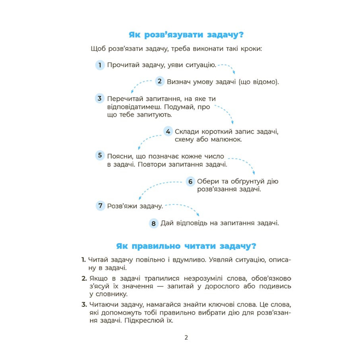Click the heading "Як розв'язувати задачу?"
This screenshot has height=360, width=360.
pyautogui.click(x=186, y=35)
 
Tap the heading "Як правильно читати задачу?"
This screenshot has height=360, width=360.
pyautogui.click(x=186, y=246)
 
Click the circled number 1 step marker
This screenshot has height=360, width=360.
pyautogui.click(x=100, y=65)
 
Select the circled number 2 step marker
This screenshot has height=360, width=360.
pyautogui.click(x=160, y=81)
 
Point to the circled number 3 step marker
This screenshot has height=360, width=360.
pyautogui.click(x=100, y=98)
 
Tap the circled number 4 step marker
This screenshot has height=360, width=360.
pyautogui.click(x=168, y=131)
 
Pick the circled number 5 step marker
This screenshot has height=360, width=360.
pyautogui.click(x=100, y=155)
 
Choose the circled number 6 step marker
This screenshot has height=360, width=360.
pyautogui.click(x=190, y=181)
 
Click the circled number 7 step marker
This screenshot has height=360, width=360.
pyautogui.click(x=100, y=206)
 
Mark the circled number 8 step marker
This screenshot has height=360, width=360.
pyautogui.click(x=154, y=223)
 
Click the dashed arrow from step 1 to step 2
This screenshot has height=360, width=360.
pyautogui.click(x=228, y=67)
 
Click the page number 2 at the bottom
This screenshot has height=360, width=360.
pyautogui.click(x=186, y=337)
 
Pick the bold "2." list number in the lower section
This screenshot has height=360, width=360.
pyautogui.click(x=84, y=278)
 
